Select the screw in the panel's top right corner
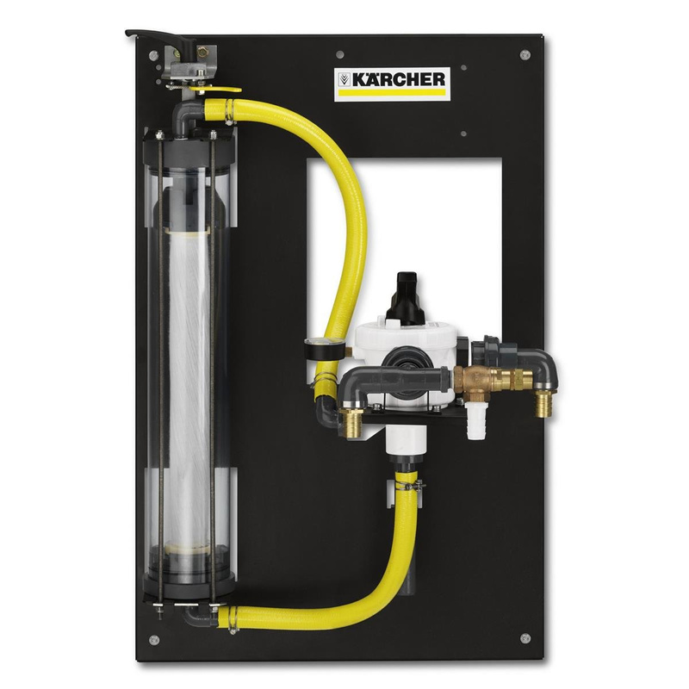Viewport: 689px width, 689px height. pos(525,56)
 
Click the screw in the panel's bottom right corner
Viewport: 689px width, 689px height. pos(525,637)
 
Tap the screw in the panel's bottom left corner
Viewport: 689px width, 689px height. pos(153,638)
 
